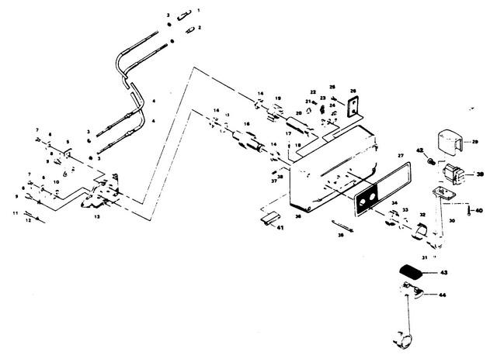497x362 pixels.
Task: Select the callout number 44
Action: (x=443, y=295)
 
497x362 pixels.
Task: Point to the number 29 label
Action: (x=477, y=143)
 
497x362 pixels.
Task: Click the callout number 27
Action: (x=401, y=156)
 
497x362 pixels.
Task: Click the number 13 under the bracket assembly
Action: (x=97, y=218)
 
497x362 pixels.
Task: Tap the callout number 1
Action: (x=198, y=9)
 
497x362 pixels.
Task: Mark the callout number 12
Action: (x=29, y=220)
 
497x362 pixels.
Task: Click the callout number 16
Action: (x=245, y=123)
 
